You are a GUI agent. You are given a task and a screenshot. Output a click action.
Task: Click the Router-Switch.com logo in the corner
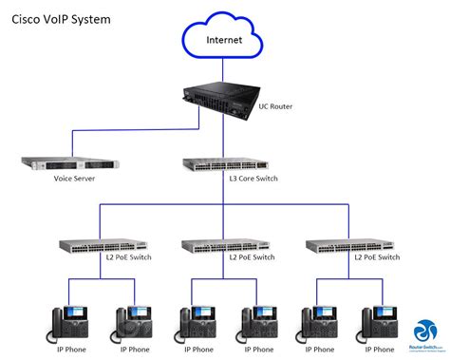point(425,335)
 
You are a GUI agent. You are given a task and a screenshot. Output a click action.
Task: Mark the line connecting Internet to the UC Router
point(224,71)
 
